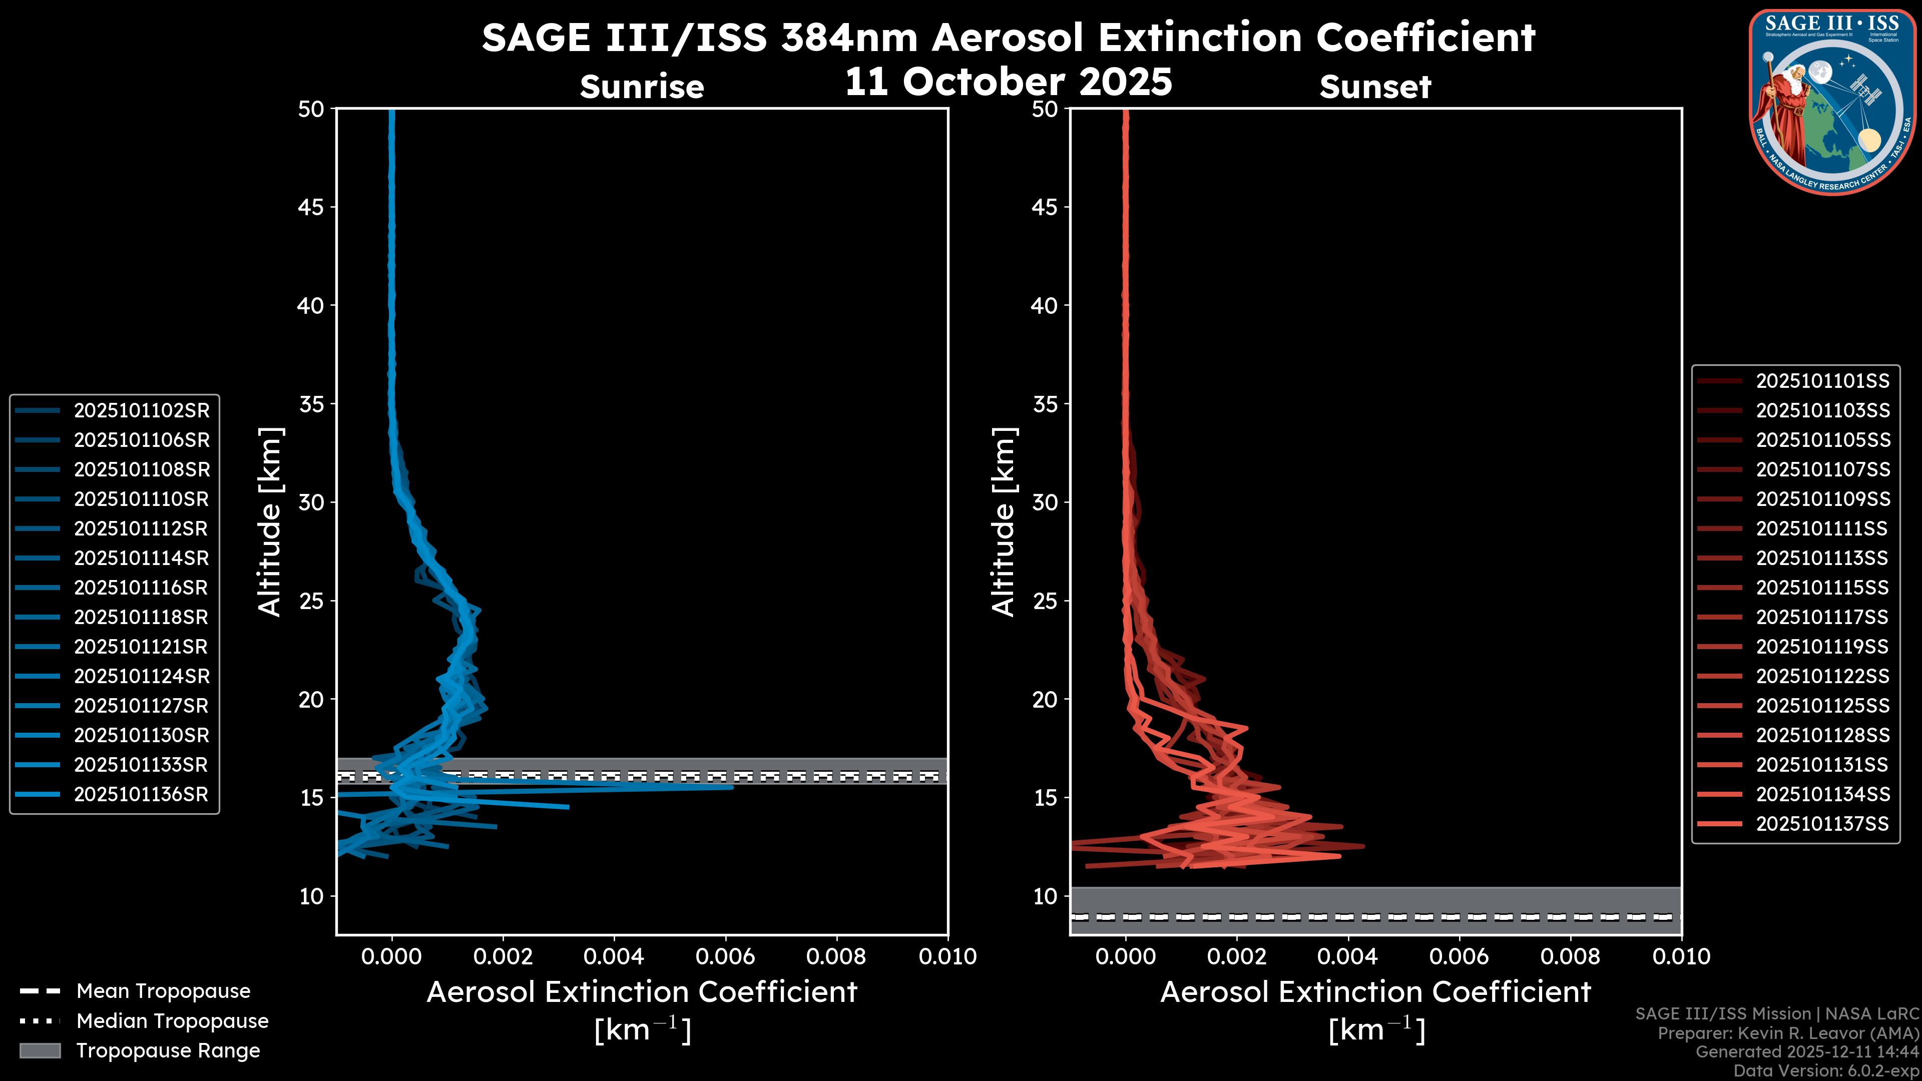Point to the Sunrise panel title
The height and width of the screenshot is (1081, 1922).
642,87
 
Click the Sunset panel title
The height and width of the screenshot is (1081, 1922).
1375,87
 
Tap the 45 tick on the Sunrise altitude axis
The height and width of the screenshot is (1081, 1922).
311,207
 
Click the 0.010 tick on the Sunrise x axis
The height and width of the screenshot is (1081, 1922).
947,956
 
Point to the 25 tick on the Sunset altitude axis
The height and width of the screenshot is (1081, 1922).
1045,601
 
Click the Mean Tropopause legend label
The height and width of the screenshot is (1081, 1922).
163,991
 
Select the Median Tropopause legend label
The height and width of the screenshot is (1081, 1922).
172,1021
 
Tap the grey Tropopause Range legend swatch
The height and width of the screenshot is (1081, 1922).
40,1050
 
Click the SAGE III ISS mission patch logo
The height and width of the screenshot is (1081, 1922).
1832,102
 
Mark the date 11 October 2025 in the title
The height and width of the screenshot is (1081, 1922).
1009,81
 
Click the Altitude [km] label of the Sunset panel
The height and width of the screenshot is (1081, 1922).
1004,521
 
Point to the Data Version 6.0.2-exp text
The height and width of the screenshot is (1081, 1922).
1826,1070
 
